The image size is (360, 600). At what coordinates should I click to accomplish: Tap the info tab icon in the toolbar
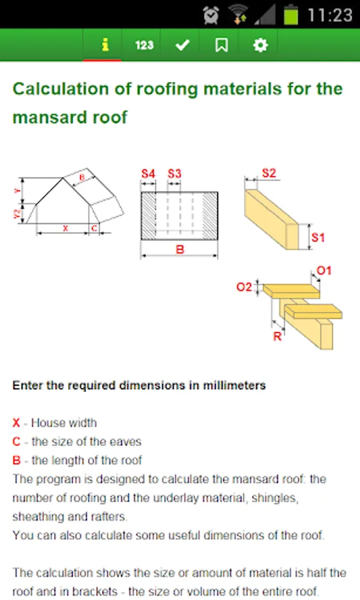click(105, 45)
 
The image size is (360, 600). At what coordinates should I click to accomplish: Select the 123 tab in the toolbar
click(144, 45)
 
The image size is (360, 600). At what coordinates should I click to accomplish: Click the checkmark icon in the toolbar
click(183, 45)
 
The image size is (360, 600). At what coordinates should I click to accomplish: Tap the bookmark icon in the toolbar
click(221, 45)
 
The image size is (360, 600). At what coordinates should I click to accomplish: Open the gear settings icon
click(261, 45)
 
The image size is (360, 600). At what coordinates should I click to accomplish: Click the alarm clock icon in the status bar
click(211, 15)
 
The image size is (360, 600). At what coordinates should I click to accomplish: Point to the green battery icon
click(291, 15)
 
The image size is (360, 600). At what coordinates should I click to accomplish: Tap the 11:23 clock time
click(330, 15)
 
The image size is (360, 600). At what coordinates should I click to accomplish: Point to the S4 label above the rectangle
click(148, 174)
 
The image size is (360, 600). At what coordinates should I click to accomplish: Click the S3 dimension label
click(174, 174)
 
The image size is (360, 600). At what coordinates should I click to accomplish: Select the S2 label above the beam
click(269, 173)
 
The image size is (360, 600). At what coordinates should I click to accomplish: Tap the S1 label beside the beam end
click(317, 237)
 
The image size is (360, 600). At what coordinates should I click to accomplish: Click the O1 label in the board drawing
click(323, 271)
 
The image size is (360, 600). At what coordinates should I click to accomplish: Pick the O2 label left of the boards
click(244, 287)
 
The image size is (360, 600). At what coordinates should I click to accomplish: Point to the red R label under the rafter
click(277, 337)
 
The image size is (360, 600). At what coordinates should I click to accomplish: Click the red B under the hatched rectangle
click(180, 249)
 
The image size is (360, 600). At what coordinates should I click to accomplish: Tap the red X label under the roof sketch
click(65, 229)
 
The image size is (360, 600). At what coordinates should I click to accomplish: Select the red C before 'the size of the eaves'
click(16, 441)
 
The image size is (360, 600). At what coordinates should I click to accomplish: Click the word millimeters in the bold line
click(234, 385)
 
